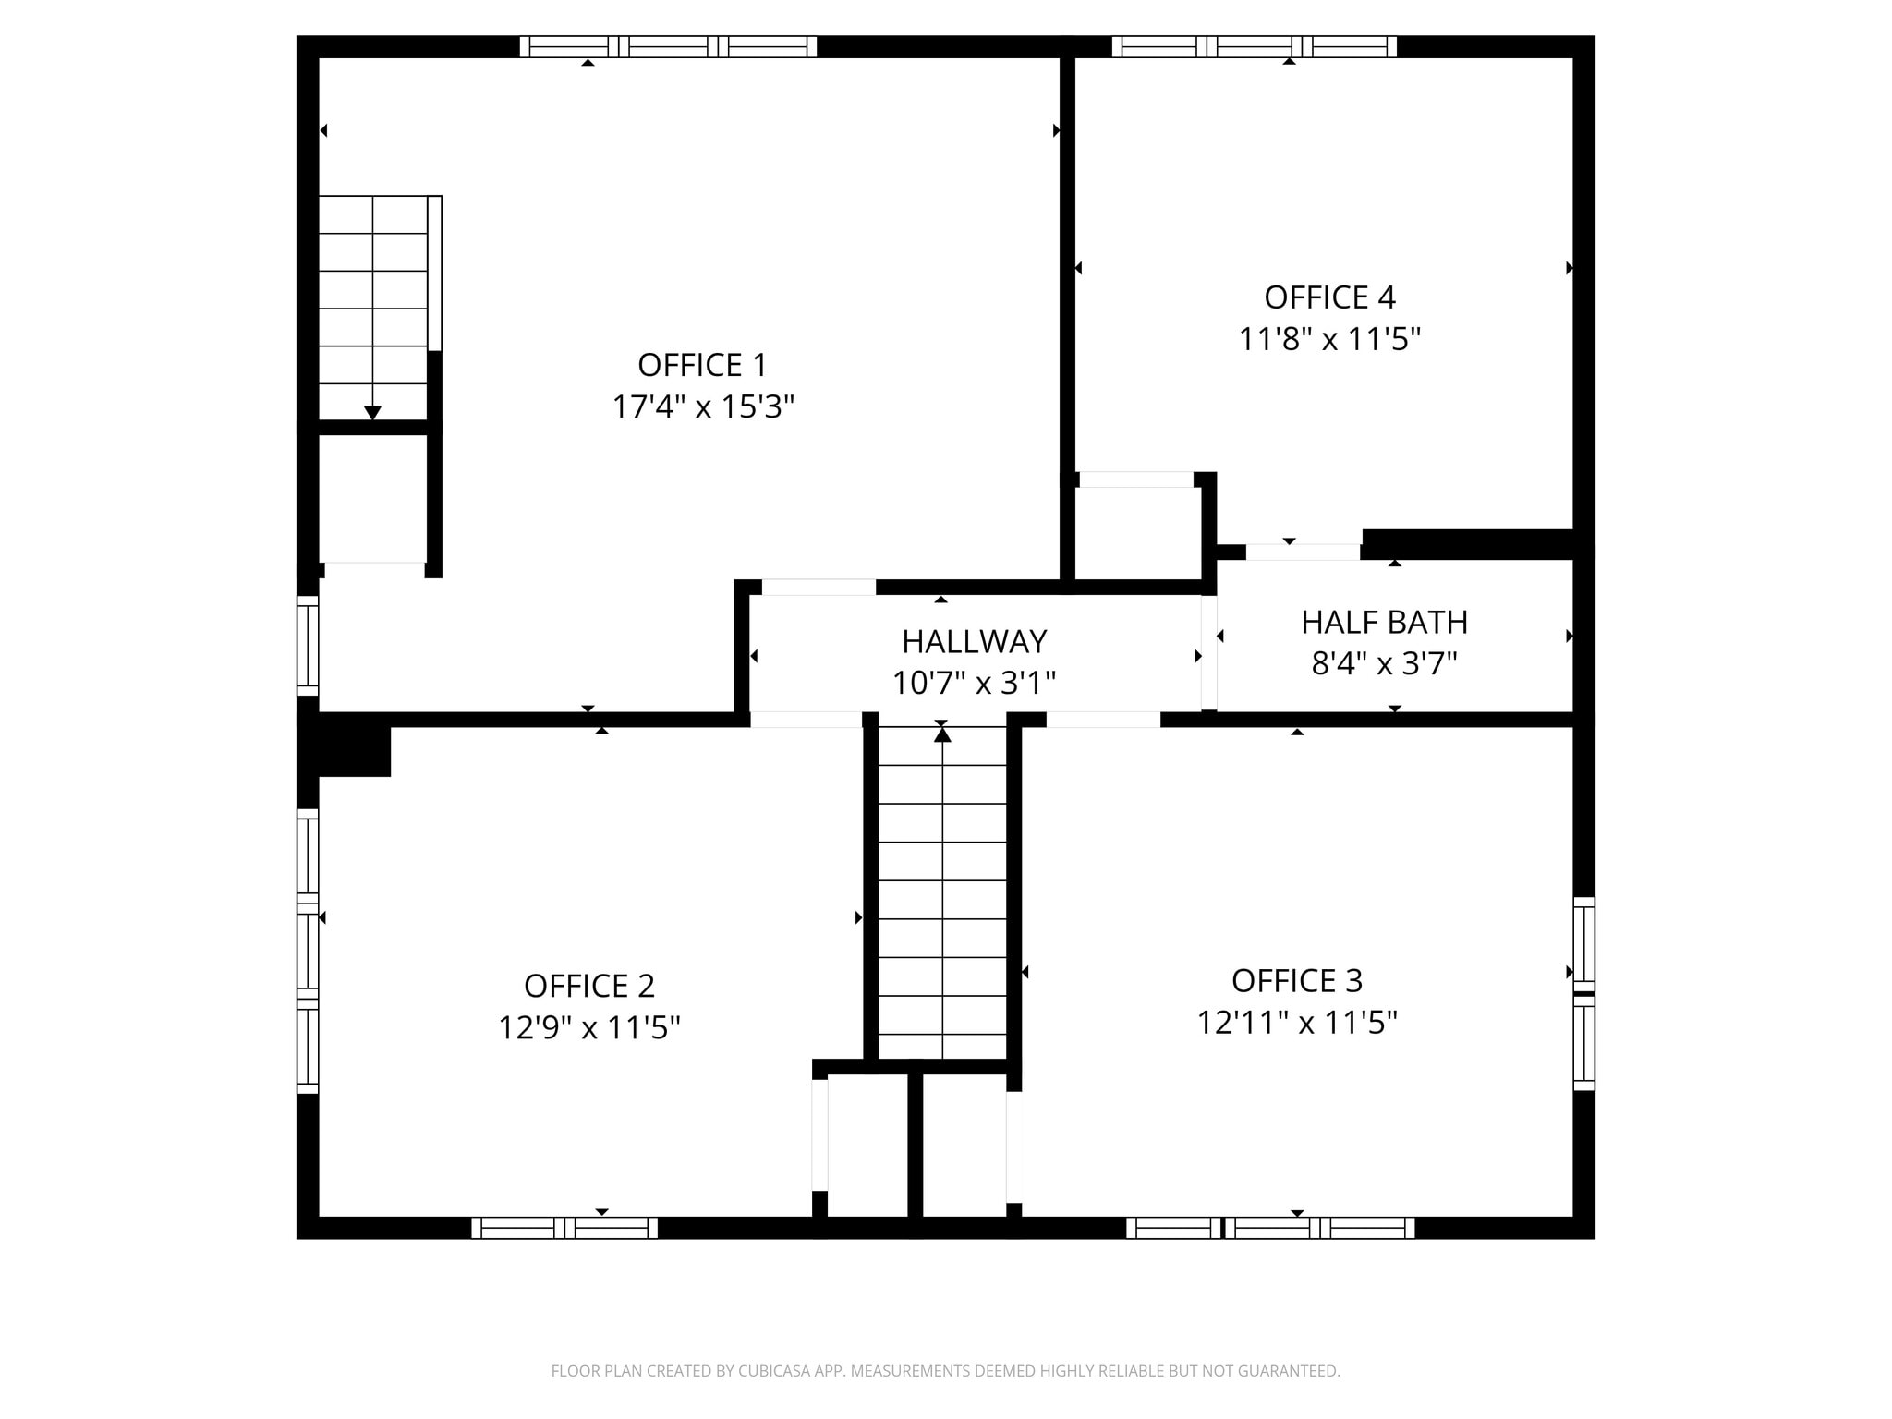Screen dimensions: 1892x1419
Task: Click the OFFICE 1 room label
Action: click(x=702, y=365)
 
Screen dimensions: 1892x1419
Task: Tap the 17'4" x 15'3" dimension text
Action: click(x=703, y=406)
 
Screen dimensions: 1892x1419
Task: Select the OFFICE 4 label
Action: click(x=1329, y=297)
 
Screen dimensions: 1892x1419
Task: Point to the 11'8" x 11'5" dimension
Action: click(x=1329, y=339)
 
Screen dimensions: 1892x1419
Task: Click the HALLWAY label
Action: click(x=974, y=641)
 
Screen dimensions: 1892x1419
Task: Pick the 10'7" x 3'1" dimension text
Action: click(x=974, y=683)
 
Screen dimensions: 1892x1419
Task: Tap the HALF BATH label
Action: click(x=1384, y=623)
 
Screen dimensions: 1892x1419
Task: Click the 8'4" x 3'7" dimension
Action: click(x=1384, y=663)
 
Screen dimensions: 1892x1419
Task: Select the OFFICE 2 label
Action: click(x=589, y=986)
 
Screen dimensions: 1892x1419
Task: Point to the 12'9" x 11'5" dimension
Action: click(x=589, y=1027)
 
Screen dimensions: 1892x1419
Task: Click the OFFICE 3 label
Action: click(x=1297, y=980)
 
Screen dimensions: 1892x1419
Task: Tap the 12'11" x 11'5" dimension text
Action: click(x=1297, y=1023)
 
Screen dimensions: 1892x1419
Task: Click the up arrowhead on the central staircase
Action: click(x=942, y=734)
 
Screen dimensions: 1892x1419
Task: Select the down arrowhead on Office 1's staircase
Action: click(x=372, y=413)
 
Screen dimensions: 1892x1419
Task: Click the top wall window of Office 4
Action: click(x=1255, y=46)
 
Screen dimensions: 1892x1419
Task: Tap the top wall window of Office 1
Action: click(x=668, y=46)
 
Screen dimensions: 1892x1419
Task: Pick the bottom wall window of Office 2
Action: click(x=564, y=1228)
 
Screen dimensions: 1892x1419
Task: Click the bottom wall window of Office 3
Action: click(x=1270, y=1228)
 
